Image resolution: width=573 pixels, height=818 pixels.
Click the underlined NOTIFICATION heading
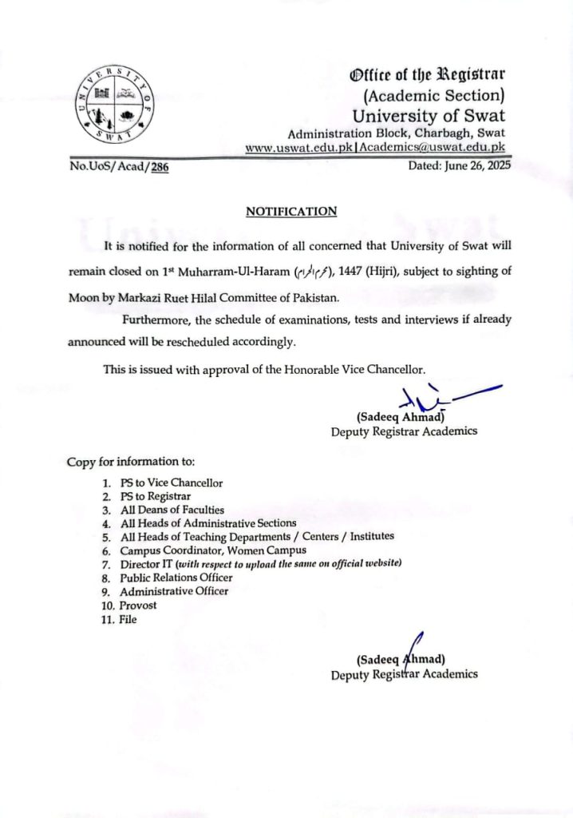point(290,212)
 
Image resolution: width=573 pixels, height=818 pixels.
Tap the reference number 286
point(160,168)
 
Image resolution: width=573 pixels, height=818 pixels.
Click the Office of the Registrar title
point(428,76)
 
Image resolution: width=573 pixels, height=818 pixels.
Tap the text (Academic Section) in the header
point(434,97)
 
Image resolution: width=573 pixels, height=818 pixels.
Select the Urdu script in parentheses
point(305,272)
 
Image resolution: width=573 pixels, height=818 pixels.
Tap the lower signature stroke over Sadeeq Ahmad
point(414,645)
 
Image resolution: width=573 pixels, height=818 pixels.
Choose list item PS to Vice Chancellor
point(171,482)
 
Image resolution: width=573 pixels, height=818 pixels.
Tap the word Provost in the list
point(138,605)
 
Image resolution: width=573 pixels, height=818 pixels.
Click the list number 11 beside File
point(107,618)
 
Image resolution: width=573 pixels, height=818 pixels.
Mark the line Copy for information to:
point(130,462)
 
